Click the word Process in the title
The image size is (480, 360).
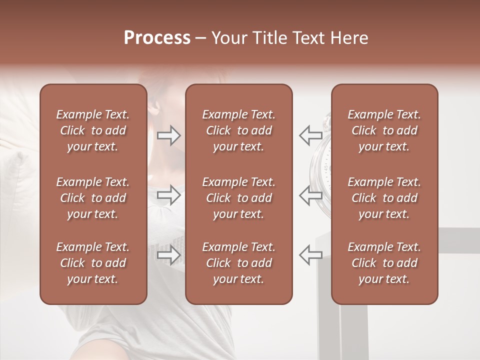point(157,38)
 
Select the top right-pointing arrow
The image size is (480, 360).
point(168,136)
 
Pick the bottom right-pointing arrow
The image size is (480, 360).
point(168,255)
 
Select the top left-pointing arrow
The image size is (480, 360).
point(310,135)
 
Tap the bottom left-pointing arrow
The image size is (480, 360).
point(310,255)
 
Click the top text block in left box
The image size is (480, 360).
point(93,130)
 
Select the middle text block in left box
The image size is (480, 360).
point(93,198)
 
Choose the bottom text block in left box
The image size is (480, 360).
point(93,263)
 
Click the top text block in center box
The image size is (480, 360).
point(238,130)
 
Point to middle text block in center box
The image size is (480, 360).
point(238,198)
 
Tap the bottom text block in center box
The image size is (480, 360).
point(238,263)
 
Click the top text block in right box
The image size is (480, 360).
point(384,130)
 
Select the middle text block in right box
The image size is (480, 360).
point(384,198)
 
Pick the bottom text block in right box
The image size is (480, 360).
point(384,263)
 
